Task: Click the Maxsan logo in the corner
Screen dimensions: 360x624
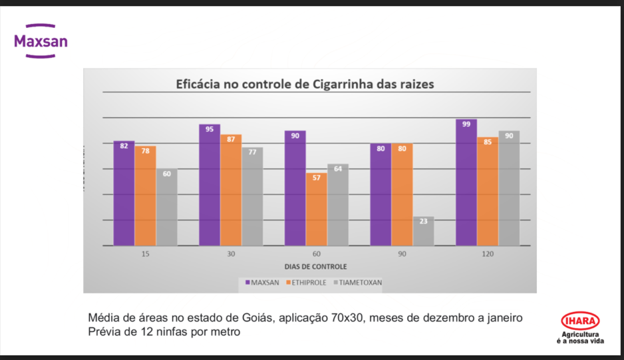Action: [41, 42]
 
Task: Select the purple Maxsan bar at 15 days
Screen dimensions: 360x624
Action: [124, 193]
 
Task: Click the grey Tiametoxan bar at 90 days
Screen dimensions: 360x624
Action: [423, 231]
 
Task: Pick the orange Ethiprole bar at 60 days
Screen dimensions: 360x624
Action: [316, 209]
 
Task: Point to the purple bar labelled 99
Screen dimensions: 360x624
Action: [466, 183]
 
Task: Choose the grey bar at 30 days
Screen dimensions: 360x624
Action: [252, 196]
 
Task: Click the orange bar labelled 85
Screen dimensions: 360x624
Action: [488, 192]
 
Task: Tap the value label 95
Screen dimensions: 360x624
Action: [210, 129]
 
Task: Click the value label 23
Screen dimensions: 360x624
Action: [423, 222]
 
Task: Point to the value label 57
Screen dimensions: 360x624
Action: [316, 178]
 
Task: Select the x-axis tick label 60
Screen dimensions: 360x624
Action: [316, 255]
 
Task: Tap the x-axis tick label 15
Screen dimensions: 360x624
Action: [145, 255]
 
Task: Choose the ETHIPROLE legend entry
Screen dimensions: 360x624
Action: [307, 282]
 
